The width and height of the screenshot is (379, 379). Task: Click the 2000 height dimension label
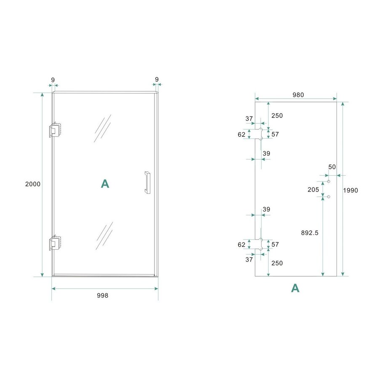(x=32, y=184)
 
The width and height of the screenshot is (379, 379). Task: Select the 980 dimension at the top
(x=298, y=95)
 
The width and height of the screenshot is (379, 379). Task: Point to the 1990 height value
(x=350, y=190)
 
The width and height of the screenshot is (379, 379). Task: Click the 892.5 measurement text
(x=310, y=232)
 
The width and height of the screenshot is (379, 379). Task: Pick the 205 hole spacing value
(x=313, y=189)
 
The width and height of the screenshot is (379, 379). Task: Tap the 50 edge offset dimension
(x=332, y=167)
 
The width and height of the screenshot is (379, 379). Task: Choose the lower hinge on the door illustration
(x=55, y=243)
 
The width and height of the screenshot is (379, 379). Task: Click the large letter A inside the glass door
(x=105, y=184)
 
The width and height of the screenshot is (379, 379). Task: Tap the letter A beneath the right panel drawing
(x=295, y=288)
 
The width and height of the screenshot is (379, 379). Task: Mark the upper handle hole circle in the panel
(x=328, y=181)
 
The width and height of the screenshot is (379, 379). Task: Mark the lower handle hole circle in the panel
(x=328, y=197)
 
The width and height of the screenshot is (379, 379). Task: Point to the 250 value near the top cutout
(x=277, y=116)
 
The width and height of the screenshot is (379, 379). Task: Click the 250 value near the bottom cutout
(x=277, y=263)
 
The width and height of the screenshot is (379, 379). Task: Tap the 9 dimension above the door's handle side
(x=157, y=79)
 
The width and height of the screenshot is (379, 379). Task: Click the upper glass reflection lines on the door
(x=103, y=129)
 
